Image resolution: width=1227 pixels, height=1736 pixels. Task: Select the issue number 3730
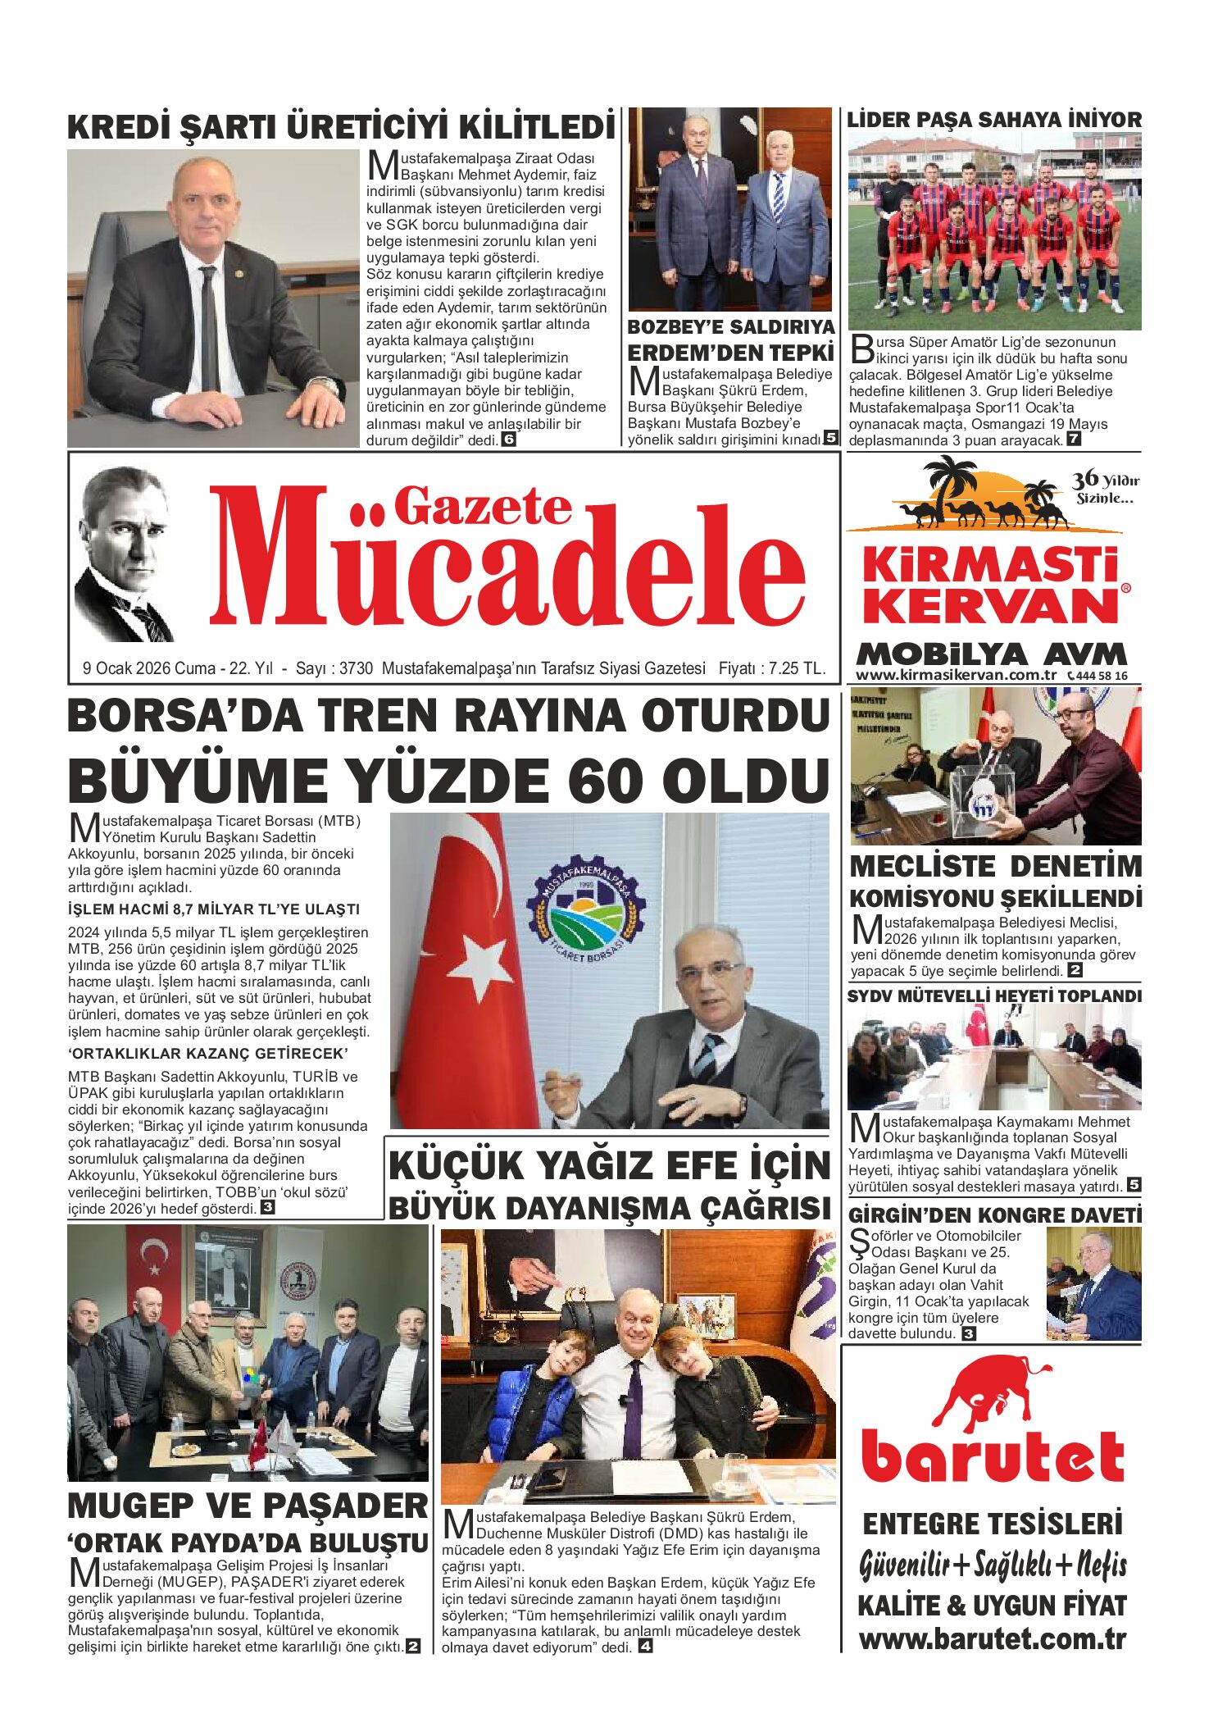pyautogui.click(x=356, y=668)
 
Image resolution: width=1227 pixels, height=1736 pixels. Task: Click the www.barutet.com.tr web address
pyautogui.click(x=993, y=1638)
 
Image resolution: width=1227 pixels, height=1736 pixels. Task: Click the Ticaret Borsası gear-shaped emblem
pyautogui.click(x=586, y=909)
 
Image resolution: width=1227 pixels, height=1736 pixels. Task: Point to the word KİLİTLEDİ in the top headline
pyautogui.click(x=536, y=128)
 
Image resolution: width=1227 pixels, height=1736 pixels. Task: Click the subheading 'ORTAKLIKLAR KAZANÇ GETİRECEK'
pyautogui.click(x=208, y=1053)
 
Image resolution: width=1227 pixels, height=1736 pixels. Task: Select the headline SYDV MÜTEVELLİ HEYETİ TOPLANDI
pyautogui.click(x=993, y=996)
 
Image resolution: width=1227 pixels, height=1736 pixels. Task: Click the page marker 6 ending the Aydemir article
pyautogui.click(x=508, y=440)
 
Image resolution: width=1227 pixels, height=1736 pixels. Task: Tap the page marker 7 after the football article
pyautogui.click(x=1073, y=440)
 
